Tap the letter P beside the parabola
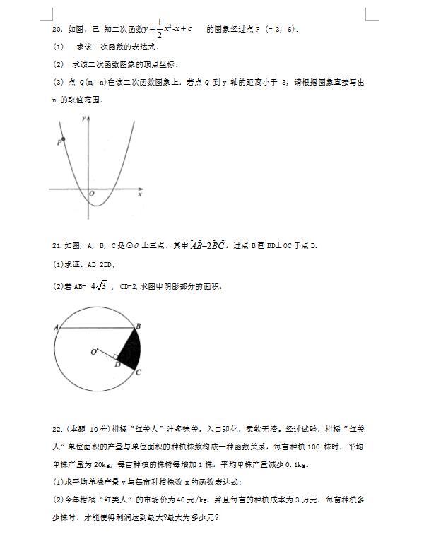[58, 143]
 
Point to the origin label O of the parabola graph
[92, 194]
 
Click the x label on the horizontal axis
[140, 194]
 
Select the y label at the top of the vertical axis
[84, 119]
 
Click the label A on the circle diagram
[54, 327]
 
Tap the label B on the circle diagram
[139, 325]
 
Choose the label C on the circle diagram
[139, 372]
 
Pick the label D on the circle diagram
[117, 365]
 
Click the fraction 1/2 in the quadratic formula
[159, 29]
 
